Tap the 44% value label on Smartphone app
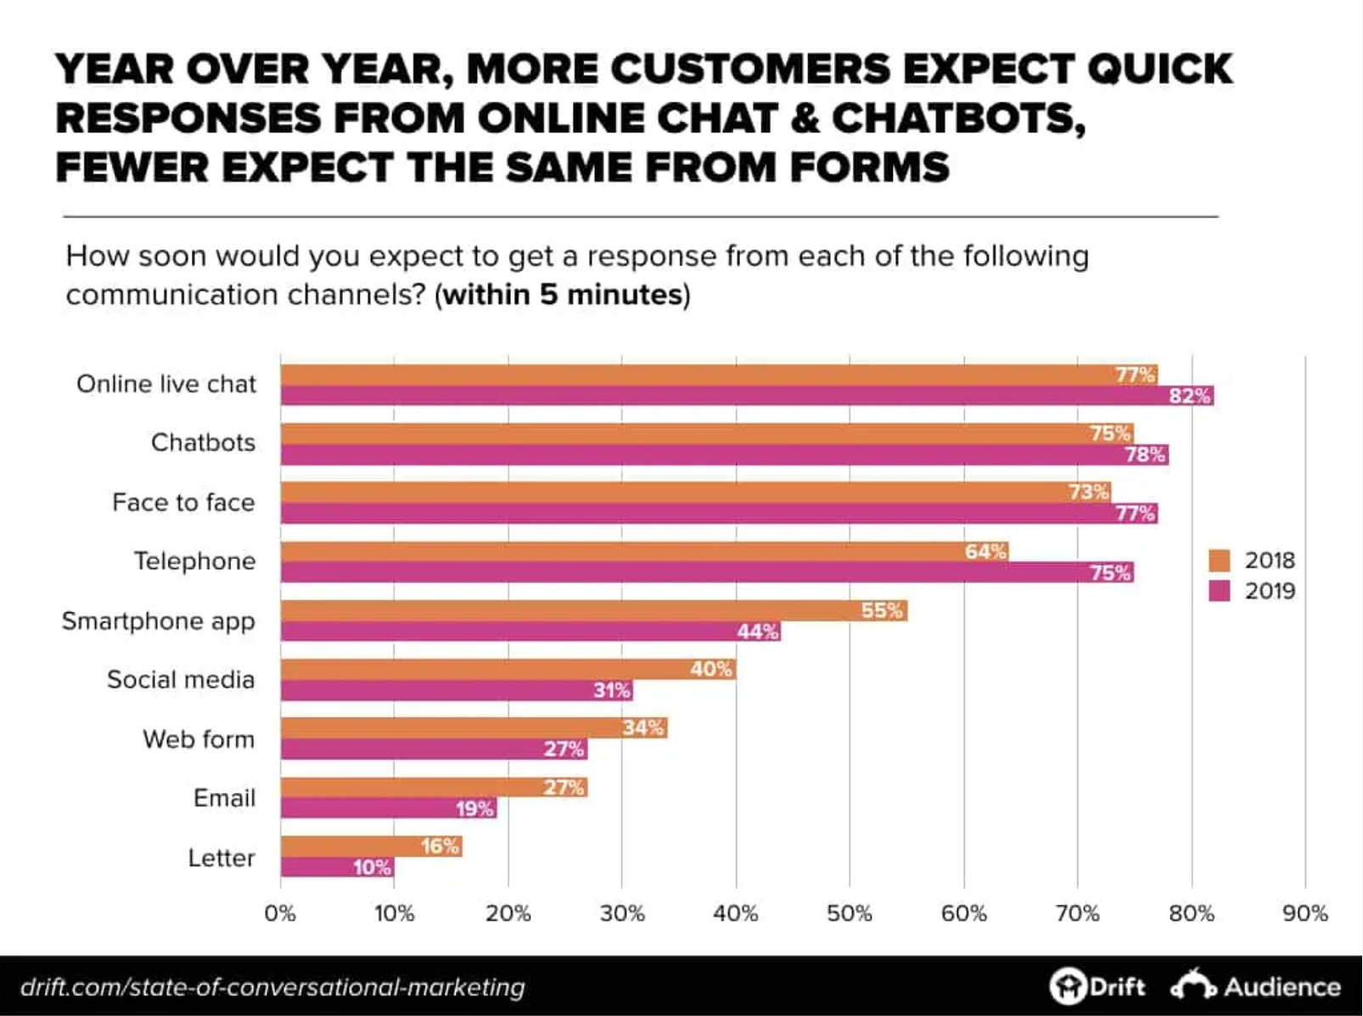pos(757,632)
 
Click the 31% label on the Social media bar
pos(611,690)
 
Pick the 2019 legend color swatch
pos(1219,591)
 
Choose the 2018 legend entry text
pos(1270,561)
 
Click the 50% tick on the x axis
pos(850,913)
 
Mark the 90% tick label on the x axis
pos(1304,913)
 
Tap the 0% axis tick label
pos(280,913)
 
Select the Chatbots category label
pos(203,443)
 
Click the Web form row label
pos(199,740)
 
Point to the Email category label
pos(224,798)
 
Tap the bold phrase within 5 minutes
pos(563,295)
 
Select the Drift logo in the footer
pos(1097,986)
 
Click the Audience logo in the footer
pos(1256,986)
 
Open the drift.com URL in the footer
pos(272,987)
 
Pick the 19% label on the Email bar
pos(474,808)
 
